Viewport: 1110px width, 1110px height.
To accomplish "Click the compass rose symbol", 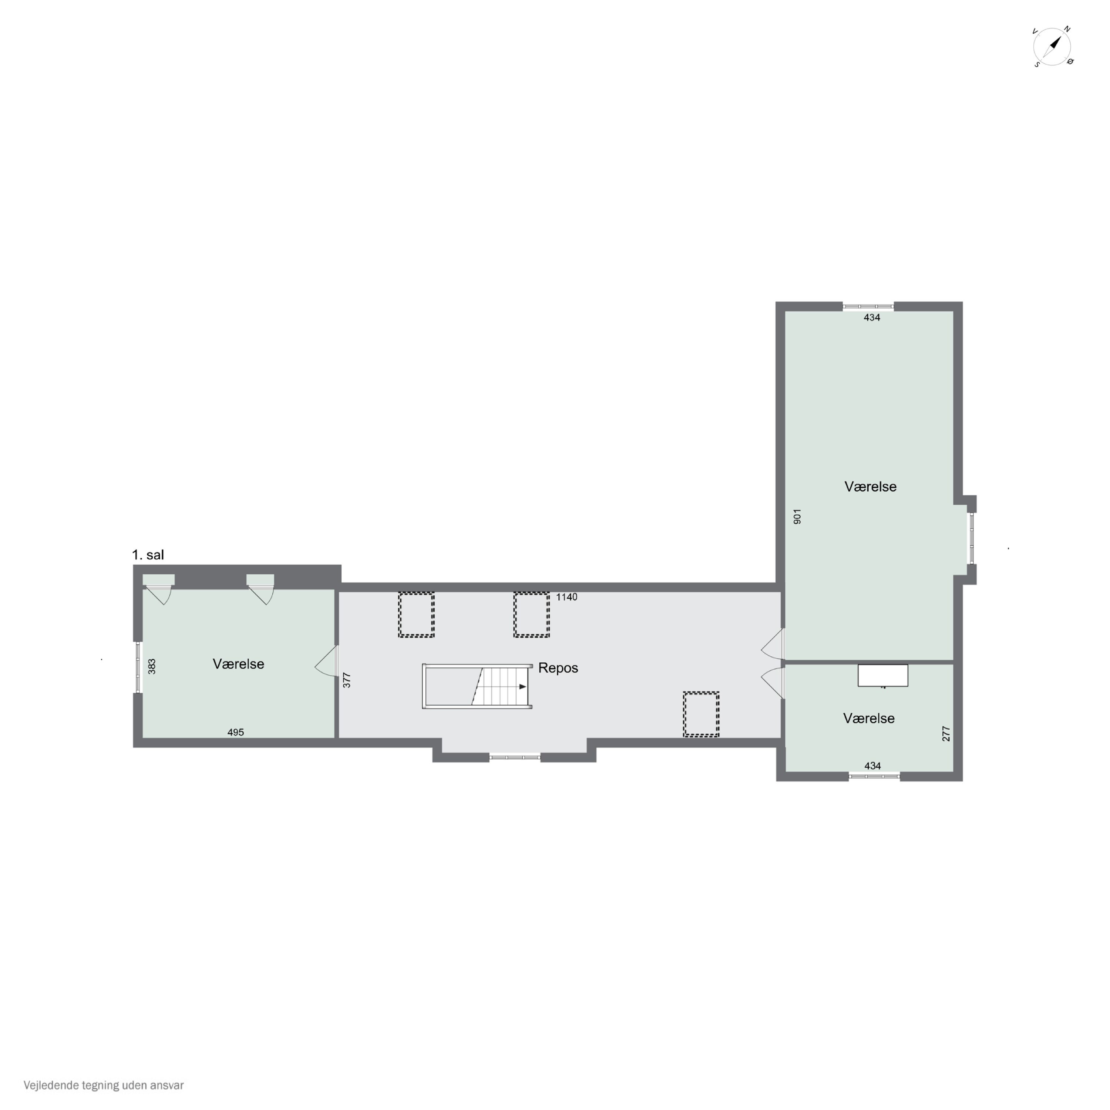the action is (1053, 47).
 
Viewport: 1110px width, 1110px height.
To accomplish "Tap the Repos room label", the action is (558, 668).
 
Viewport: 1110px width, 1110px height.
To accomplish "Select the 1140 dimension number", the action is (566, 597).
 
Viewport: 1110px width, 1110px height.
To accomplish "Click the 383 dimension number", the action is (152, 666).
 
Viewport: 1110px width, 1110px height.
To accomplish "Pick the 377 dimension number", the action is (346, 680).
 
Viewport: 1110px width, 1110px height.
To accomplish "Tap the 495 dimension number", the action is (236, 733).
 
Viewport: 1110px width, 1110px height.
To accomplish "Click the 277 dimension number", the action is (946, 734).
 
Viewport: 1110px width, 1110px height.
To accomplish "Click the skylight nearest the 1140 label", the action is (531, 615).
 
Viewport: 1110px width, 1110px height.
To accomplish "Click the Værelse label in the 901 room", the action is (870, 487).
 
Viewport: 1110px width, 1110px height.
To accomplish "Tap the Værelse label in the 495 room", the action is (238, 664).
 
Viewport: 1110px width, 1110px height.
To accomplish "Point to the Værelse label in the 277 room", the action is (869, 718).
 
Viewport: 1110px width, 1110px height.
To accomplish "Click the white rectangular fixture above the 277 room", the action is (883, 676).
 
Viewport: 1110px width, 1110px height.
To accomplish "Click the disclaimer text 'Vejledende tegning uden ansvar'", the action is (104, 1085).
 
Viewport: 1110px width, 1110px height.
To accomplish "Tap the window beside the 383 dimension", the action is (138, 667).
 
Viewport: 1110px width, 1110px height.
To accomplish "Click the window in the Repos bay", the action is (515, 757).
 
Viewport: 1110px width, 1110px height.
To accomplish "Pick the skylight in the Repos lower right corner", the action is (701, 714).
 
